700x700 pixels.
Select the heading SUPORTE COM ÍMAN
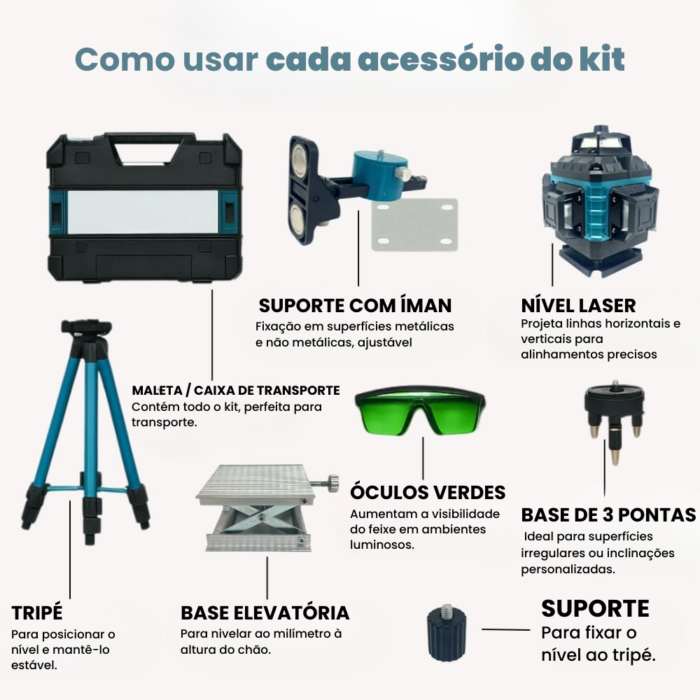[x=355, y=306]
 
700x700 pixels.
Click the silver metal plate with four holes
[x=414, y=224]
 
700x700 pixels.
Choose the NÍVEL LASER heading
[x=578, y=306]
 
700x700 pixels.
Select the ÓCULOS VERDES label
[x=428, y=492]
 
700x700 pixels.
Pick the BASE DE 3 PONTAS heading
[x=608, y=515]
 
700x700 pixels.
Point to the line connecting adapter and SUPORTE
[x=505, y=630]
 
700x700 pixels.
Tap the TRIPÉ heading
[x=37, y=613]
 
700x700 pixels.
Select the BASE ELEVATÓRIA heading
[x=265, y=613]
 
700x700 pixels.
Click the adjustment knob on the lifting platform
[x=328, y=483]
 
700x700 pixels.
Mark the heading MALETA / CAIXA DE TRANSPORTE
[x=236, y=391]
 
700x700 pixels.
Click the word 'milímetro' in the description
[x=302, y=634]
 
